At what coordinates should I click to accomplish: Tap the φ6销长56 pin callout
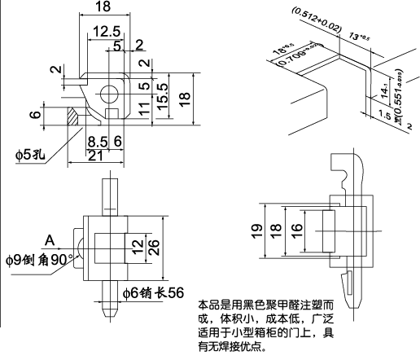click(x=152, y=292)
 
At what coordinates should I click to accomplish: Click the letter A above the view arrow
click(x=50, y=240)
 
